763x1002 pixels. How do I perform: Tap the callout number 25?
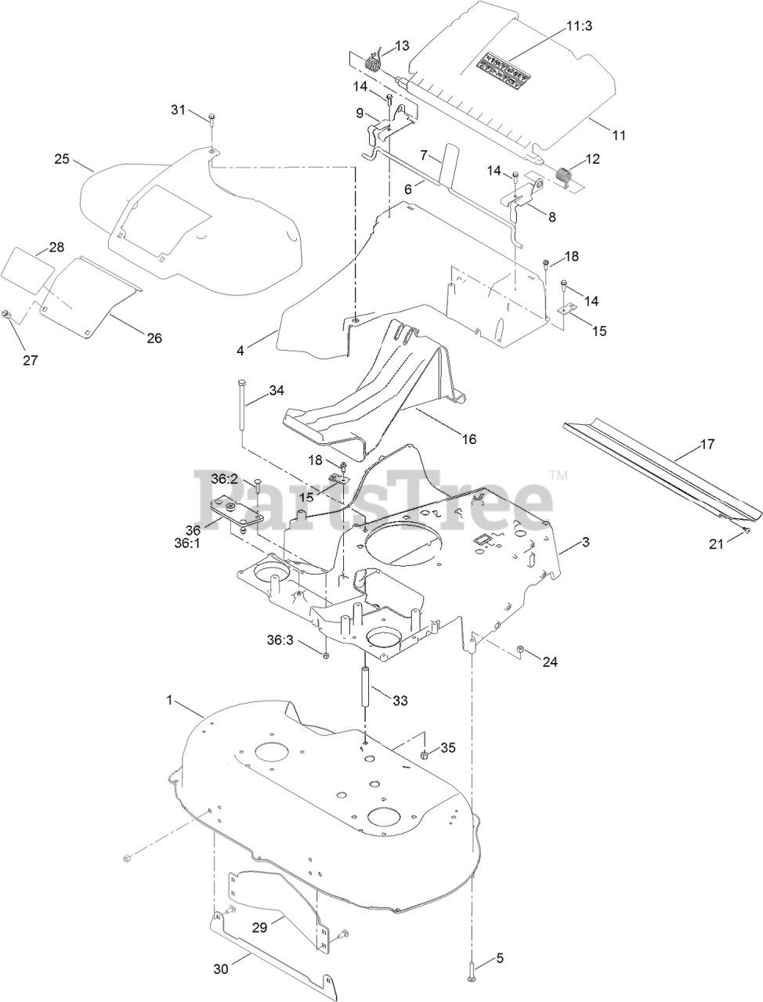62,159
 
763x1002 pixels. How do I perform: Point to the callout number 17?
707,445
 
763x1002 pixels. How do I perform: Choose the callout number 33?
400,701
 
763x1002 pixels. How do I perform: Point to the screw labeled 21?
747,532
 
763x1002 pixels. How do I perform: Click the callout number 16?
468,438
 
